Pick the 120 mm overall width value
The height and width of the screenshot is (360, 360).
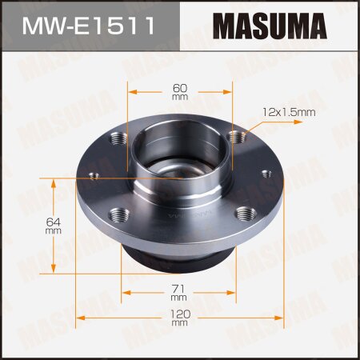pos(179,318)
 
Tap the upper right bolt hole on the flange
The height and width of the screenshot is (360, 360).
pos(234,138)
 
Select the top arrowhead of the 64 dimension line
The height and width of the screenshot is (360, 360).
pos(54,183)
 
